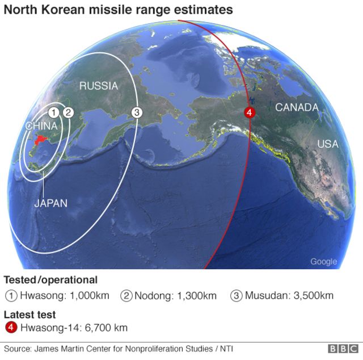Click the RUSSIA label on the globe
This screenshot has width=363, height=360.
(98, 86)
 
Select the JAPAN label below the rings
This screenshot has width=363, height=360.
(50, 203)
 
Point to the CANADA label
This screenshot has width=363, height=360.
(297, 107)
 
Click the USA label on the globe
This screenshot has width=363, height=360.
(327, 144)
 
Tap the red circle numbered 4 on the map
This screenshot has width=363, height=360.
(248, 112)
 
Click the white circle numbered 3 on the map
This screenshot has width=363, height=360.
(136, 112)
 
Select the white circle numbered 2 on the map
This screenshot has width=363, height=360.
(67, 112)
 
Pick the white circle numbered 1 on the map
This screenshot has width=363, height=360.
(53, 112)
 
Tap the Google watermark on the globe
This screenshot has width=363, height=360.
(323, 262)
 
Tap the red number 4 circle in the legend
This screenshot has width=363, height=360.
(11, 328)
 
